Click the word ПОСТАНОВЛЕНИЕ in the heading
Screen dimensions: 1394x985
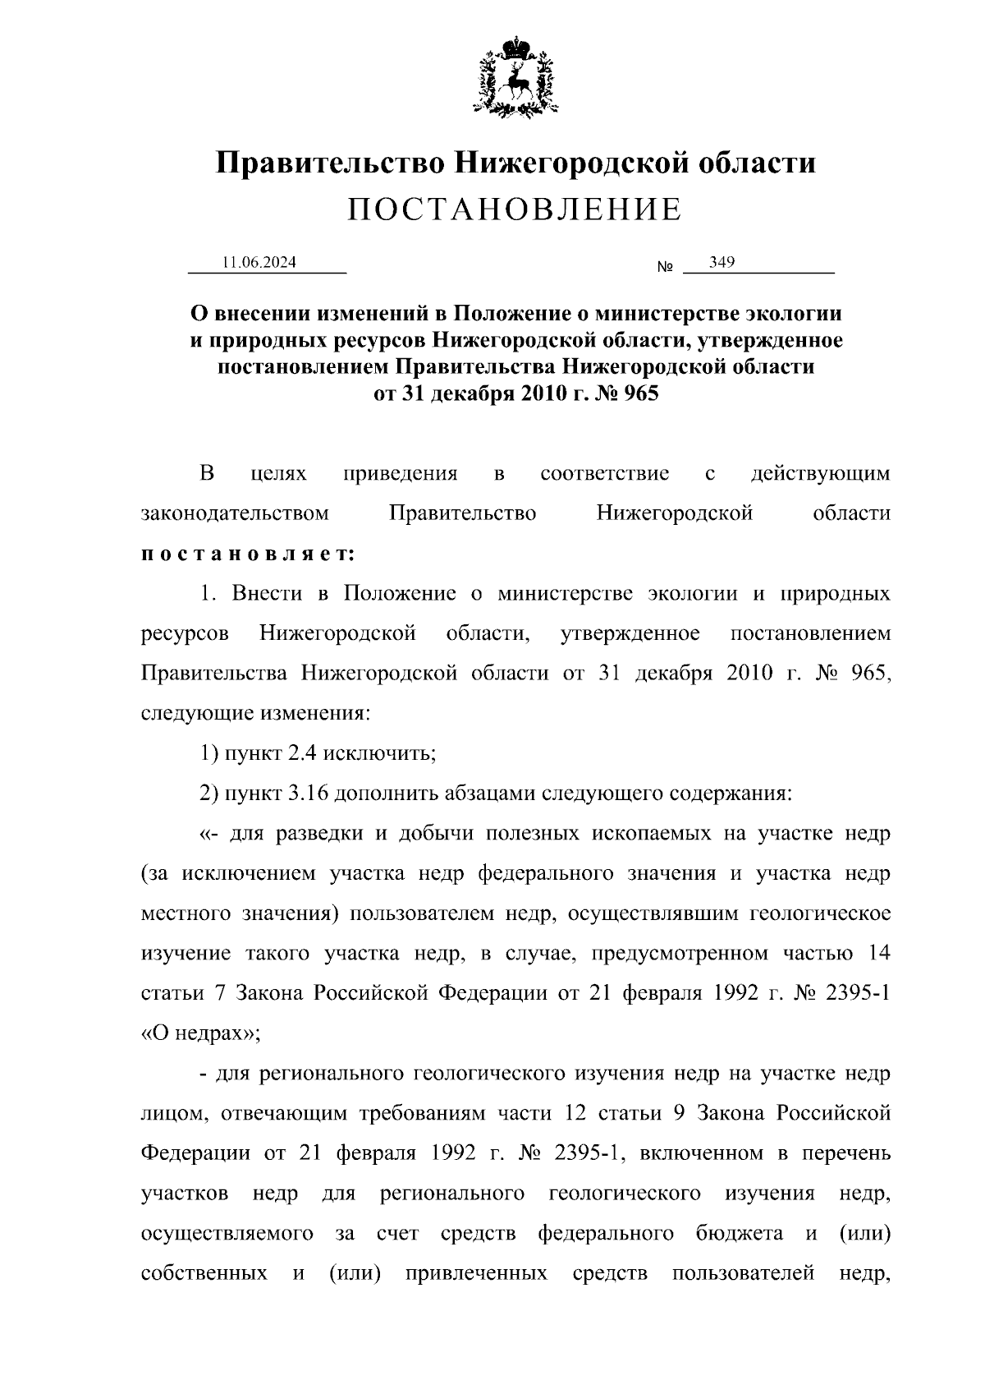click(514, 210)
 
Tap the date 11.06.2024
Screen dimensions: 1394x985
click(259, 263)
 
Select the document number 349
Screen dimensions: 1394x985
click(722, 262)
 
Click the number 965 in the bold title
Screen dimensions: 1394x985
click(641, 393)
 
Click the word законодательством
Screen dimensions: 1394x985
click(235, 514)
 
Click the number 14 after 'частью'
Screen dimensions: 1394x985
click(877, 953)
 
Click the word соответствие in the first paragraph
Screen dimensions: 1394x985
click(605, 474)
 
